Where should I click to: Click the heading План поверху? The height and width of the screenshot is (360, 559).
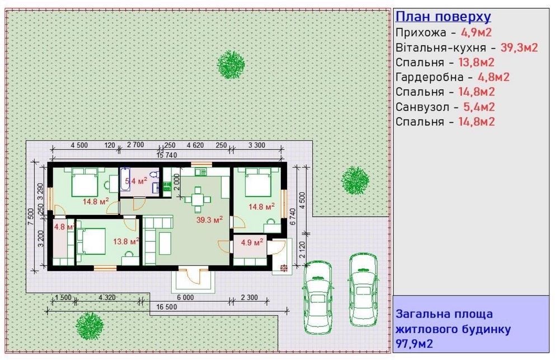(x=443, y=16)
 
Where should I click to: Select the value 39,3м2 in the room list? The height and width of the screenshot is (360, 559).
(x=519, y=48)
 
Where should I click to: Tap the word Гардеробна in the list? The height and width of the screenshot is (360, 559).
(x=430, y=77)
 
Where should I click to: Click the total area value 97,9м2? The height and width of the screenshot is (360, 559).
(x=414, y=344)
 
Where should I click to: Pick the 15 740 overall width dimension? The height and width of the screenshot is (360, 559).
(x=167, y=155)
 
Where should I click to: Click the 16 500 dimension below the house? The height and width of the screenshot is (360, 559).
(x=167, y=307)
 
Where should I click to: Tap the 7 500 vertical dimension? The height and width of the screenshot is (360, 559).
(x=31, y=217)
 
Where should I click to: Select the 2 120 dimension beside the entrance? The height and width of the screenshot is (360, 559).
(x=302, y=250)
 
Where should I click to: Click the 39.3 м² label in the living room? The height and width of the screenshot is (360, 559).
(x=209, y=220)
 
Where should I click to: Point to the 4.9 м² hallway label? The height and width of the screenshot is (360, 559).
(x=252, y=242)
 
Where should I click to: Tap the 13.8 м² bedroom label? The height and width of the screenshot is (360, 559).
(x=126, y=241)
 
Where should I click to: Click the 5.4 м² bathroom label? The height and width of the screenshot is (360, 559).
(x=136, y=181)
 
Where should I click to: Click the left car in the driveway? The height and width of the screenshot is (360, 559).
(x=318, y=297)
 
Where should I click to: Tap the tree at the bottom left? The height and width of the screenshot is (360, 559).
(x=90, y=326)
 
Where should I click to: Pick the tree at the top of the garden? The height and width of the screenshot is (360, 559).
(x=231, y=64)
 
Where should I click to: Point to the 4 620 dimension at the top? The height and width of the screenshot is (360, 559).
(x=195, y=145)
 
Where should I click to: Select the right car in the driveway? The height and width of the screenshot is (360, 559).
(x=363, y=289)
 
